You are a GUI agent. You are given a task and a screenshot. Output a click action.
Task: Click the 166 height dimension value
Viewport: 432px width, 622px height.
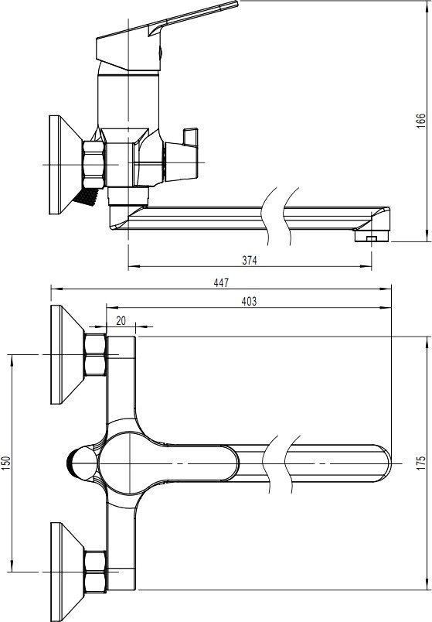[421, 120]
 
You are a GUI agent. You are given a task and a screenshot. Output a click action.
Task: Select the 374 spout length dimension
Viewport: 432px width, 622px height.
[250, 260]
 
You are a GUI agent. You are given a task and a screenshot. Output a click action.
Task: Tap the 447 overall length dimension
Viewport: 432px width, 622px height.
[221, 282]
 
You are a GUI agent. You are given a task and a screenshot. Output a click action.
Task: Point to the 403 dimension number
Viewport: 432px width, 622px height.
[249, 302]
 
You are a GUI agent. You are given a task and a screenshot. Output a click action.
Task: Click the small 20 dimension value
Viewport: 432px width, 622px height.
[121, 320]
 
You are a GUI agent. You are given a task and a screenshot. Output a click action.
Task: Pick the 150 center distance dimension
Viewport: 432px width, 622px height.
[5, 463]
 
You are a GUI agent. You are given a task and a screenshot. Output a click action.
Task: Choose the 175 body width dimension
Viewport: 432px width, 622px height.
[421, 463]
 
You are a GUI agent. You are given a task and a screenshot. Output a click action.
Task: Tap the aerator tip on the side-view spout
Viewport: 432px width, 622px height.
[372, 237]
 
